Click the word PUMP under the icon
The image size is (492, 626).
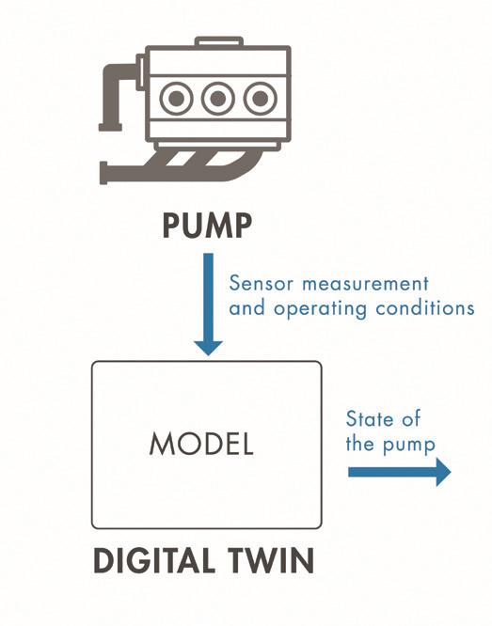click(207, 226)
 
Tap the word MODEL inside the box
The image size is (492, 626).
click(201, 444)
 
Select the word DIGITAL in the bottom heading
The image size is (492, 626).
click(153, 561)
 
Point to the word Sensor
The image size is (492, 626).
click(262, 284)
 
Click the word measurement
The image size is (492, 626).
click(365, 284)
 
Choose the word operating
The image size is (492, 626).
click(320, 309)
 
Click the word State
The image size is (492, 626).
click(370, 419)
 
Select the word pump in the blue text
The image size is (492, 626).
click(409, 446)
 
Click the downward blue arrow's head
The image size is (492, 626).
click(208, 348)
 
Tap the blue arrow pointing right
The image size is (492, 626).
click(400, 472)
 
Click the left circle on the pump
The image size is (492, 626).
click(176, 98)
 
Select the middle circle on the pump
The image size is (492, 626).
click(217, 98)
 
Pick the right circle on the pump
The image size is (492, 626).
click(261, 98)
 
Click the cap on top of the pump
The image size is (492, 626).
click(219, 41)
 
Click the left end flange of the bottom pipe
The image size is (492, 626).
click(103, 173)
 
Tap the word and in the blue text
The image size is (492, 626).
click(246, 308)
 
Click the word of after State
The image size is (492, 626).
click(411, 419)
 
